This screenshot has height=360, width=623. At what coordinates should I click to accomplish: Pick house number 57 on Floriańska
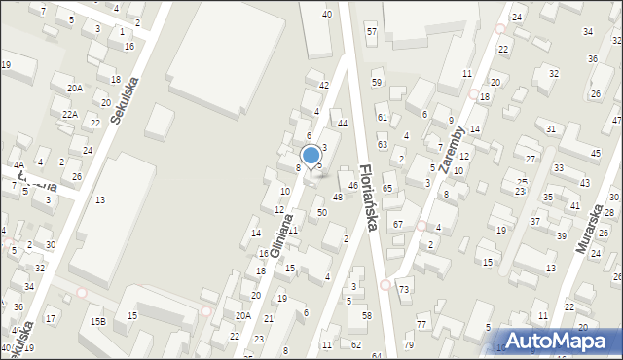(371, 32)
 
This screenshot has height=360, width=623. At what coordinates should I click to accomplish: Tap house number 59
(377, 82)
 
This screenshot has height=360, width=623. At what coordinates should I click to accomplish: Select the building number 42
(324, 86)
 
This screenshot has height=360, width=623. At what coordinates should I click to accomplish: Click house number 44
(342, 123)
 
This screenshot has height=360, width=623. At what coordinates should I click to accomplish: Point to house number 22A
(70, 114)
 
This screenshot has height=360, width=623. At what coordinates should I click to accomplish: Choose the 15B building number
(97, 321)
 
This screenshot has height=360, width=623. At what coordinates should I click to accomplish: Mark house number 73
(403, 291)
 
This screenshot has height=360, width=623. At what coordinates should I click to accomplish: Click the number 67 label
(397, 225)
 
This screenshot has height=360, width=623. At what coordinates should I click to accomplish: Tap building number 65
(386, 188)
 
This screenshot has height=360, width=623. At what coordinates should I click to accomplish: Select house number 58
(366, 315)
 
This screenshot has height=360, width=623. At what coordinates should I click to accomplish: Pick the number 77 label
(421, 324)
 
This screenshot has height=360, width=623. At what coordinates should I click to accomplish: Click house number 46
(352, 185)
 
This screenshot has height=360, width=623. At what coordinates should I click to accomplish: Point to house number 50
(321, 212)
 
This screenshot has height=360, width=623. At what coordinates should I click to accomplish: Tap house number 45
(595, 153)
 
